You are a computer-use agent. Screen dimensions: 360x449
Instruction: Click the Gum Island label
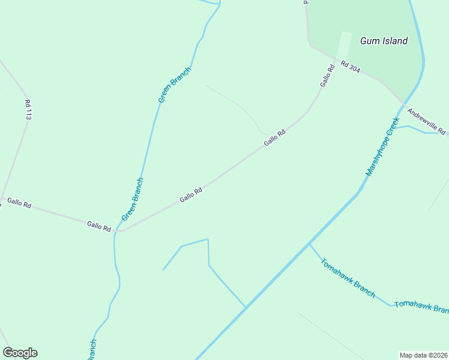(384, 41)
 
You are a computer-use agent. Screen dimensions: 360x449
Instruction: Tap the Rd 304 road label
(350, 66)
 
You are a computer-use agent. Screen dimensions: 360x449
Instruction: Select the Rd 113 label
(28, 110)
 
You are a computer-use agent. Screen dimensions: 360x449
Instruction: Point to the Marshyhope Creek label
(382, 146)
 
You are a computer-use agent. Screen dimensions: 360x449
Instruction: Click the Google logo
(20, 353)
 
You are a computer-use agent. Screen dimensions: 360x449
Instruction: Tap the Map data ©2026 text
(423, 355)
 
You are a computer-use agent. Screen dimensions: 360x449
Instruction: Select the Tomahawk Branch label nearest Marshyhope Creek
(348, 278)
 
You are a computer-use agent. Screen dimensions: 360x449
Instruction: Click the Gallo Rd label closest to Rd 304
(327, 76)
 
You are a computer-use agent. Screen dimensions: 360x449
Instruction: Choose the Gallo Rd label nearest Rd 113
(19, 203)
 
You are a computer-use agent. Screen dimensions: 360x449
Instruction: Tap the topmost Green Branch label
(174, 85)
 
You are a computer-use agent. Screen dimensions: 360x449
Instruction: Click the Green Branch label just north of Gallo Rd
(132, 199)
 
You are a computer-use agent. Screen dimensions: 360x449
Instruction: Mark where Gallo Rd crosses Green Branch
(116, 231)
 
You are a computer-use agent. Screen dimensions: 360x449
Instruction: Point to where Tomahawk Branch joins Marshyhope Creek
(309, 244)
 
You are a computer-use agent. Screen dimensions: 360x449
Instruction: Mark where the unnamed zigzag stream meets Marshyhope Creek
(246, 307)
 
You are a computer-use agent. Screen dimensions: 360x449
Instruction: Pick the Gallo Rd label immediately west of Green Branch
(99, 226)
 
